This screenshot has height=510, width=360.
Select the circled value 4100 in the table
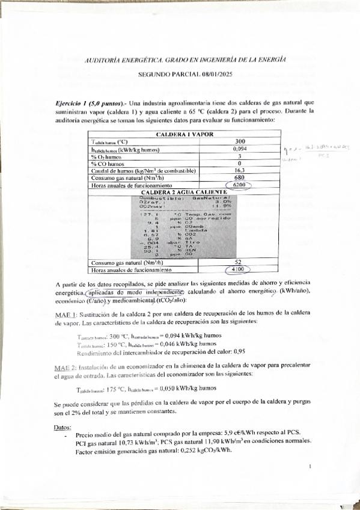(x=239, y=271)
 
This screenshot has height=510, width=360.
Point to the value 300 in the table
(x=239, y=141)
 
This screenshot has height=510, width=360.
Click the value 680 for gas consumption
(x=239, y=178)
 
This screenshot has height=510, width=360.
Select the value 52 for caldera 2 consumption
(x=239, y=263)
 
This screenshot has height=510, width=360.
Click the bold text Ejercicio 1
(x=72, y=103)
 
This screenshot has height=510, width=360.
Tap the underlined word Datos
(x=63, y=427)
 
